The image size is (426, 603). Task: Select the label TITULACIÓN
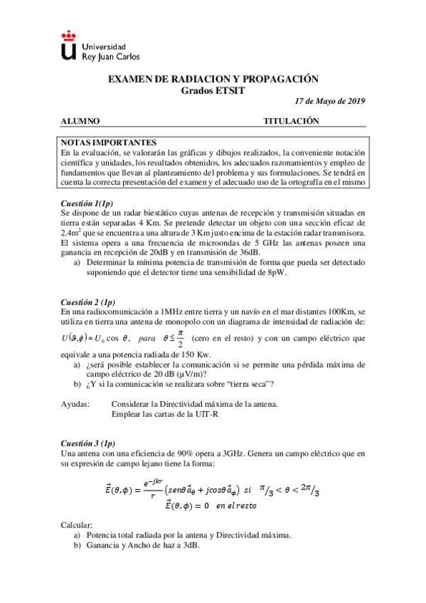tap(291, 122)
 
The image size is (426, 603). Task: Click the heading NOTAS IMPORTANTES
tap(109, 142)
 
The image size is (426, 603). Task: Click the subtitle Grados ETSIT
tap(213, 91)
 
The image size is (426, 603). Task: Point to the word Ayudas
tap(75, 404)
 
